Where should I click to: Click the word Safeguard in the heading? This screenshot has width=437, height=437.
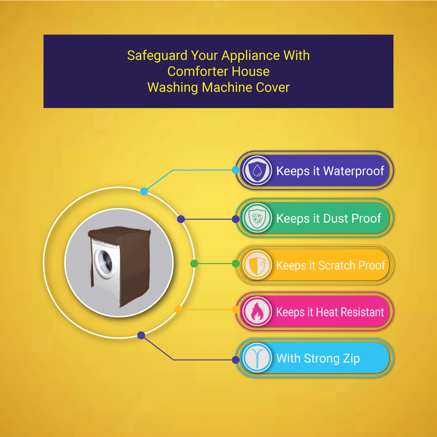click(157, 56)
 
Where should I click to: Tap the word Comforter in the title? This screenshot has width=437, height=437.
click(197, 71)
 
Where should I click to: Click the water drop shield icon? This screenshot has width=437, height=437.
click(257, 170)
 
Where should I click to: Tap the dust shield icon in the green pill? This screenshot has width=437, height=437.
click(257, 218)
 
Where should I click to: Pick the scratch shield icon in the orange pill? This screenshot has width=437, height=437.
click(257, 265)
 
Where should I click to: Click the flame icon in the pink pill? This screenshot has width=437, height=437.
click(257, 311)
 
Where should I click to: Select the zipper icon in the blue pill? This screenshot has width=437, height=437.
click(257, 358)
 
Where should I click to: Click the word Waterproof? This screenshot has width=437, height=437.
click(354, 171)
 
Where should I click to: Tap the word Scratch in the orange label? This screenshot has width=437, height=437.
click(337, 265)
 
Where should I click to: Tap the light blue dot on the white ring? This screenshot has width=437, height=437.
click(144, 191)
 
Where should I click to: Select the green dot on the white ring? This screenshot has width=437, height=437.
click(194, 263)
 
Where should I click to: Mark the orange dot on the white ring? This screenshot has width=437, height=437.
click(178, 310)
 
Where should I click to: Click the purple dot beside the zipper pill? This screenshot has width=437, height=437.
click(236, 360)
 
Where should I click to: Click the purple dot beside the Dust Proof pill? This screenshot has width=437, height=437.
click(236, 219)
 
